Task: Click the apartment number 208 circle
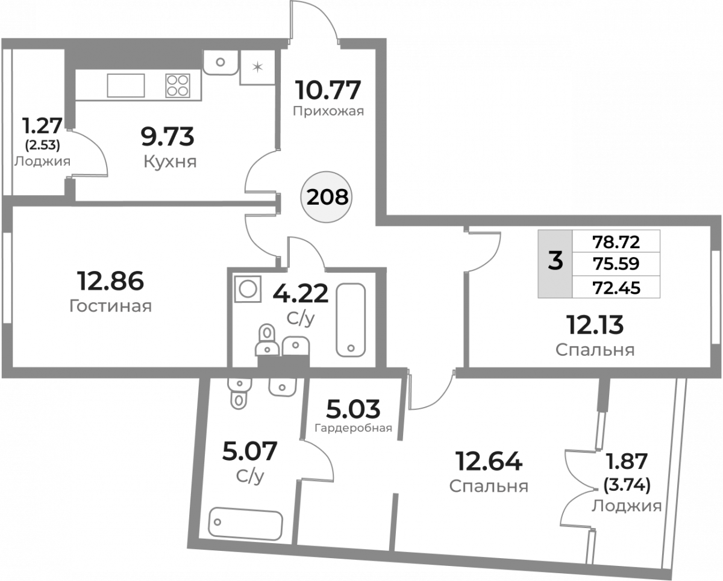click(326, 197)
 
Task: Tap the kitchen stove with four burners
click(178, 85)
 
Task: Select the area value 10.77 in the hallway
click(328, 90)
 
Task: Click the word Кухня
click(170, 162)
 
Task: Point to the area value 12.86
click(110, 281)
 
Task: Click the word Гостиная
click(110, 306)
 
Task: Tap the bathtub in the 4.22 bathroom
click(351, 320)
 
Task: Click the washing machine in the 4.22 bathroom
click(248, 289)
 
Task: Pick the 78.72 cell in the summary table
click(616, 242)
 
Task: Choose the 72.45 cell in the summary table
click(616, 288)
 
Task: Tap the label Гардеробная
click(354, 428)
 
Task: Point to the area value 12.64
click(489, 461)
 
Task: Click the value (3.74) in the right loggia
click(627, 485)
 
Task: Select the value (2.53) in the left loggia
click(43, 145)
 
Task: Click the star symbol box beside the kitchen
click(258, 67)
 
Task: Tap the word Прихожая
click(328, 111)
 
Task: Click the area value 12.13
click(595, 325)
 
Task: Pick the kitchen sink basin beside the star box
click(221, 63)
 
